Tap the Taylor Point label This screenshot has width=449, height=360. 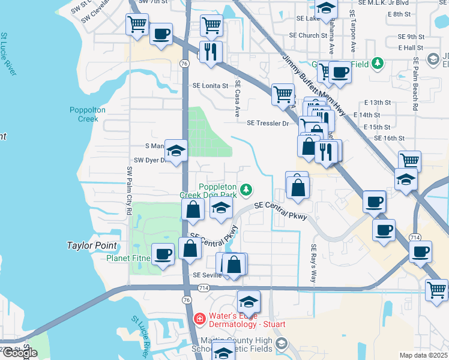(x=92, y=245)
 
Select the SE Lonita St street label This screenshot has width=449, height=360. (x=210, y=86)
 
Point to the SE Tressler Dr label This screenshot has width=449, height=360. (x=268, y=123)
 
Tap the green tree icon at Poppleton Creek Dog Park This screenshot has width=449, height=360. (x=246, y=190)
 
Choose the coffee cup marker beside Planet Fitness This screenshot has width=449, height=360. (x=163, y=254)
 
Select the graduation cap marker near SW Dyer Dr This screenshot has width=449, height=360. (x=176, y=150)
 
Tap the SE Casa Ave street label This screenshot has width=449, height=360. (x=237, y=98)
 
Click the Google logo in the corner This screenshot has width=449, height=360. (x=20, y=353)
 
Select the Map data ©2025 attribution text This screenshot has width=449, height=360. (x=423, y=355)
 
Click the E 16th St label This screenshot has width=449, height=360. (x=390, y=138)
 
